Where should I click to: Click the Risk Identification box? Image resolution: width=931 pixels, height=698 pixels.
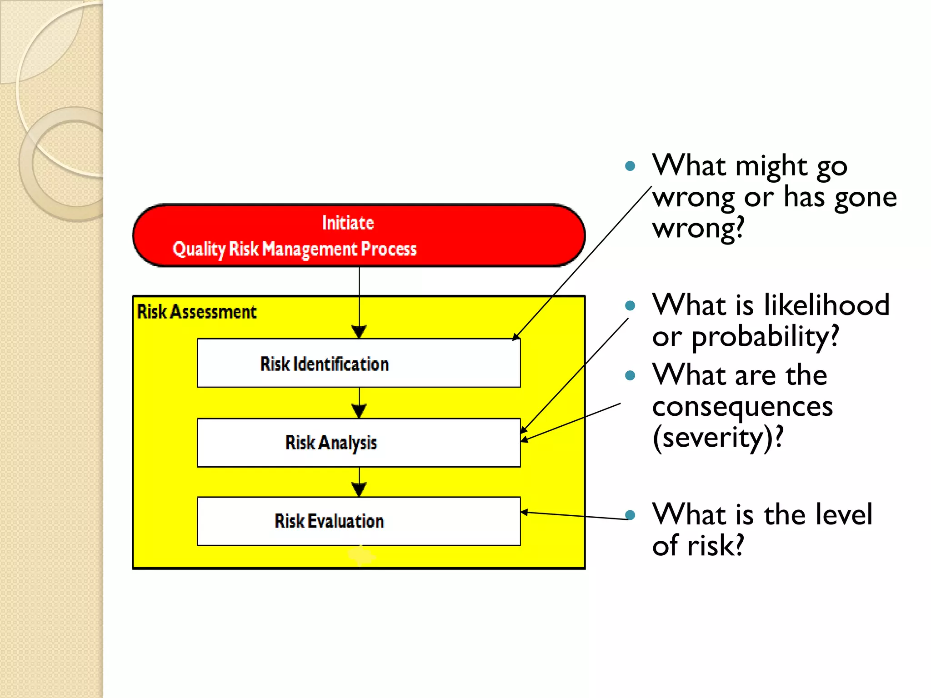point(359,363)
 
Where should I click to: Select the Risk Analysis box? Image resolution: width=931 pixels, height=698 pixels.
point(359,443)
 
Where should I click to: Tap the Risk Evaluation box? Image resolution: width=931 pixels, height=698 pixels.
point(359,521)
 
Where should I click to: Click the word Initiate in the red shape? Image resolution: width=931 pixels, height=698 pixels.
point(348,223)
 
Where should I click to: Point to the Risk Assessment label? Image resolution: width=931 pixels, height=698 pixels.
point(196,312)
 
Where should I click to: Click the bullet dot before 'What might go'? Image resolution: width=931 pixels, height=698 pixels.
point(630,166)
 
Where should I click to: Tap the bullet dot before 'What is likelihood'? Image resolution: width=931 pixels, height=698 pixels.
point(630,305)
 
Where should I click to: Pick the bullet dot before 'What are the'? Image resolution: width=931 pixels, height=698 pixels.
point(630,375)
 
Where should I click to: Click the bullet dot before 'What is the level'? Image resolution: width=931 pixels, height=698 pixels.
point(630,515)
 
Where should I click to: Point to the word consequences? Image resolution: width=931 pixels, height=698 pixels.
point(742,406)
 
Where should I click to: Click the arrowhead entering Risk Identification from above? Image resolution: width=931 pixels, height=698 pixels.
point(359,332)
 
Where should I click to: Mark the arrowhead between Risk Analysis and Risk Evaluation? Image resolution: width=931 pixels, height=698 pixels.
point(359,490)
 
